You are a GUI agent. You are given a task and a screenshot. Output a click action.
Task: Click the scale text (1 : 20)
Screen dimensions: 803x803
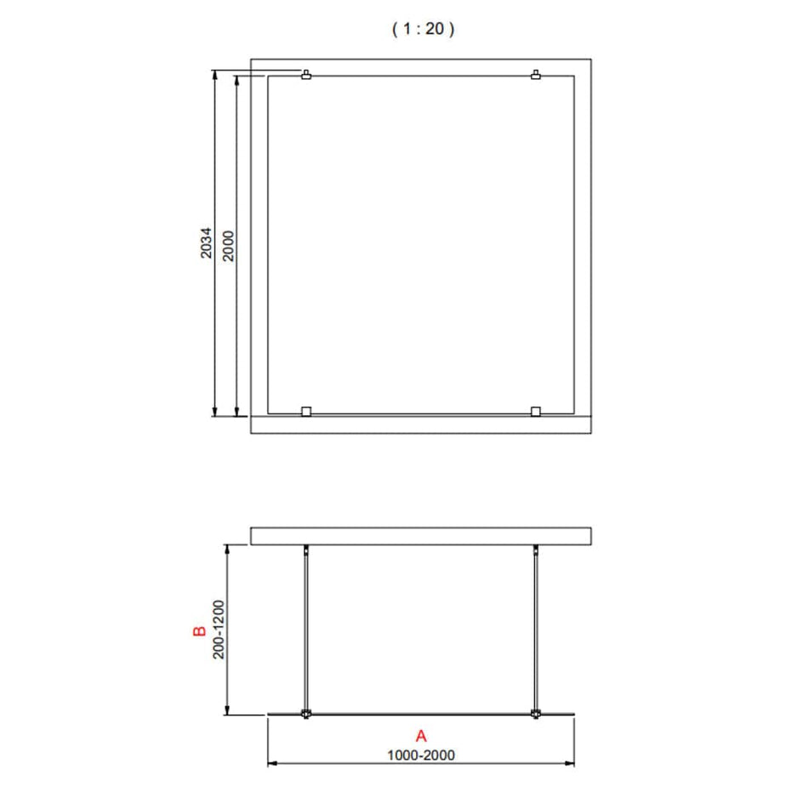tap(423, 29)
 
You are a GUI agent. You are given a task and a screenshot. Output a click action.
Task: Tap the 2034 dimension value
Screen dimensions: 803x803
tap(206, 242)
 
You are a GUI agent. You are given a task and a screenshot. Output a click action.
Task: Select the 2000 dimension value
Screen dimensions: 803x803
tap(229, 246)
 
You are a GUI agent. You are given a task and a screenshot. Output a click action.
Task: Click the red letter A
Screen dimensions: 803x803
tap(421, 736)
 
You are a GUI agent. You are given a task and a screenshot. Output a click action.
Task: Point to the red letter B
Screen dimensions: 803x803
tap(199, 631)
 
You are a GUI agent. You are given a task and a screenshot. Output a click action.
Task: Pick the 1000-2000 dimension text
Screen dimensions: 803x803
tap(421, 755)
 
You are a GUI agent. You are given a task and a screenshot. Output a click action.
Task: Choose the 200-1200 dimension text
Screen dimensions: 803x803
tap(219, 629)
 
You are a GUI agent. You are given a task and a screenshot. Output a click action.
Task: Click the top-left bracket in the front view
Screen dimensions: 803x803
tap(306, 75)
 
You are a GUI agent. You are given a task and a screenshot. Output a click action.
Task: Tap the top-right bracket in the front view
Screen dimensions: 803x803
tap(536, 75)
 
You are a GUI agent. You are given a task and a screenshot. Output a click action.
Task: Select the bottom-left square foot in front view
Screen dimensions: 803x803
tap(306, 412)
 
